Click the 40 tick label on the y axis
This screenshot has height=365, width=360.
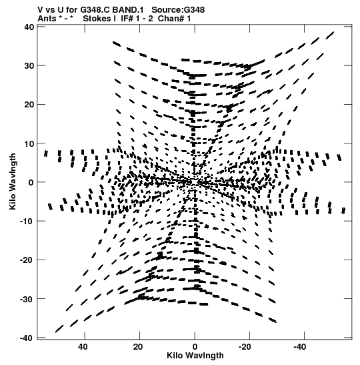click(29, 27)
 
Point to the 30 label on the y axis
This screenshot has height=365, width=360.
click(29, 66)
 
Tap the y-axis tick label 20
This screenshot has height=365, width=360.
click(29, 105)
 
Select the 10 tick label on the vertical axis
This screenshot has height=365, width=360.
click(29, 143)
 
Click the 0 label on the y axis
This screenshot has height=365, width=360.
click(31, 182)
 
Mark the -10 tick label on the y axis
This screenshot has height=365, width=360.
click(27, 221)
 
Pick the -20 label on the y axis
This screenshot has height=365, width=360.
click(27, 260)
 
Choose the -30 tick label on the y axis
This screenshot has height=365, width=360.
click(27, 299)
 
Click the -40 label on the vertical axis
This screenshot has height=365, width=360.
click(27, 338)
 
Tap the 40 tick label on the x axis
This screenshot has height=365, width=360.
click(83, 347)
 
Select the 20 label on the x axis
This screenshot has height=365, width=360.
click(138, 347)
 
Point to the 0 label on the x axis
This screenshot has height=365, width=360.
click(195, 347)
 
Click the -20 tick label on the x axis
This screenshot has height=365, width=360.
click(245, 347)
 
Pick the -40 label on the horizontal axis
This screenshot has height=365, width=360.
click(300, 347)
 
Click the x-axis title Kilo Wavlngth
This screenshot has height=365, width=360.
click(195, 356)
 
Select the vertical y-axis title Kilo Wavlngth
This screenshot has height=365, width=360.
click(13, 181)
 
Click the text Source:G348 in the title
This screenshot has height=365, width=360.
click(178, 10)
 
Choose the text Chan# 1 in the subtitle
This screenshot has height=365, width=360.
click(174, 19)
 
